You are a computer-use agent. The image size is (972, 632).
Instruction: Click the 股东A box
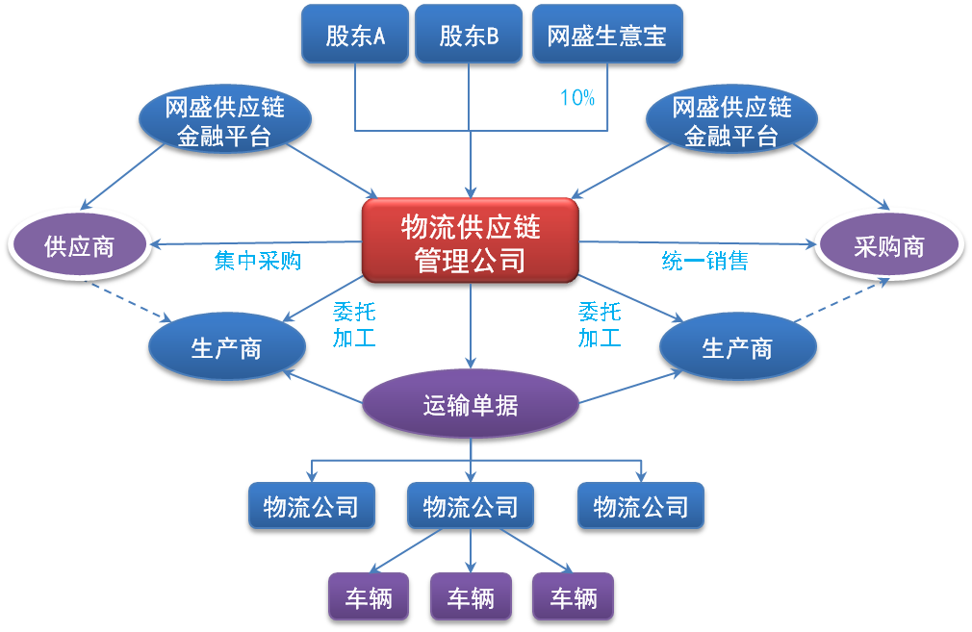355,34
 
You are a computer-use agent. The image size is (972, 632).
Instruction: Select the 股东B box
469,34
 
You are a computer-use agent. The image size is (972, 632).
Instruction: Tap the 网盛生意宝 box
607,34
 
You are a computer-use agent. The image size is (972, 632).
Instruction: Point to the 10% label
577,98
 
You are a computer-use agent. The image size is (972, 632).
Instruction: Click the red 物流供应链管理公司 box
471,241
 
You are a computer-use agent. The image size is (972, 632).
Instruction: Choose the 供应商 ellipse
79,245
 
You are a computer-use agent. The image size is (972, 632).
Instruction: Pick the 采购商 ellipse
889,245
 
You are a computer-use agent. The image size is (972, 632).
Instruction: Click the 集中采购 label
258,261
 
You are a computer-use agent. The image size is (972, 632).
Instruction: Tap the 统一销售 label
704,261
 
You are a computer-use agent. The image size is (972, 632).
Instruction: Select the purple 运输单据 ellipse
471,405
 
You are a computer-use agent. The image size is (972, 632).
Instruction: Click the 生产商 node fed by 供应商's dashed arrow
227,347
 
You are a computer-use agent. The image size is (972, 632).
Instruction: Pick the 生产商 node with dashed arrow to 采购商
738,347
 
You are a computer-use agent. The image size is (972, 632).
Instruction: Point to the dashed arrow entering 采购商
842,300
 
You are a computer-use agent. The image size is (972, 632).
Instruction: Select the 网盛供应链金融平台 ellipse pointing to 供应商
224,119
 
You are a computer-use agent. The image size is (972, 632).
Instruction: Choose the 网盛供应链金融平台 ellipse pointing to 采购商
731,119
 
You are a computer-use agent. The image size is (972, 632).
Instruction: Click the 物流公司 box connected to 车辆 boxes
471,506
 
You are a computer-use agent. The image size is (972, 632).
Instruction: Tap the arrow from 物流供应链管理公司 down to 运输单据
471,326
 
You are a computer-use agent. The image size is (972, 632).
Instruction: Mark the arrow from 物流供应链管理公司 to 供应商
256,243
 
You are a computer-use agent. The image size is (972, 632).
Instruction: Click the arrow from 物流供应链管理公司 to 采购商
698,243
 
